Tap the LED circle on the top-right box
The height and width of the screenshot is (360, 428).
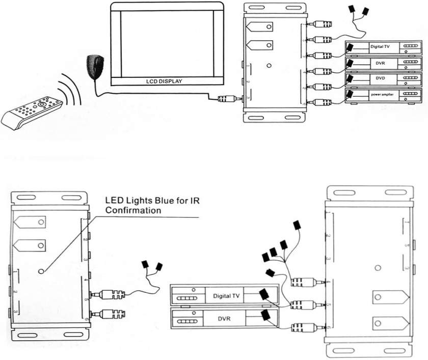[269, 66]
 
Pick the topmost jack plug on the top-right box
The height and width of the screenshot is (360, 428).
[322, 23]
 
